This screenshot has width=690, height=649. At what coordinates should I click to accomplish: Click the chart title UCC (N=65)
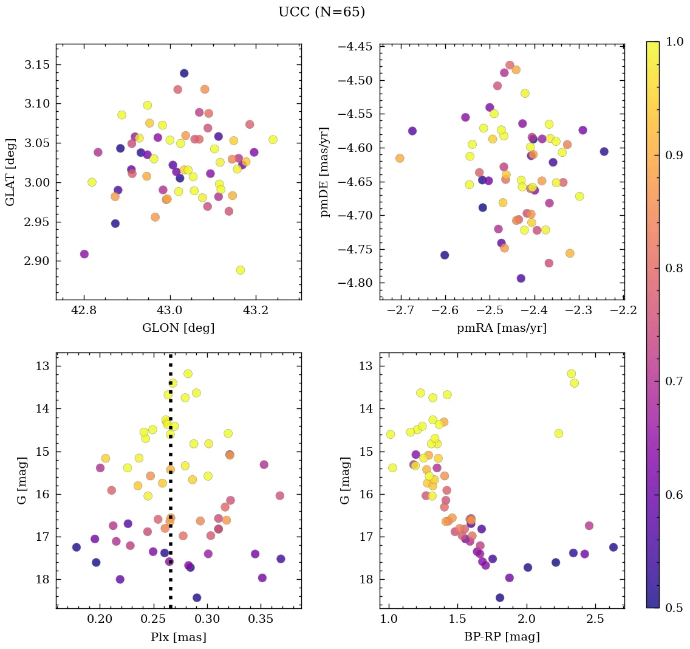coord(321,12)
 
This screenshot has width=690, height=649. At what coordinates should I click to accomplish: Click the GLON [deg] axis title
coord(178,328)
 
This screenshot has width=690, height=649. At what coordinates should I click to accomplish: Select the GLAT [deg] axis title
coord(12,172)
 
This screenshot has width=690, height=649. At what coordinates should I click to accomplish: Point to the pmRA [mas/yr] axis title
coord(502,328)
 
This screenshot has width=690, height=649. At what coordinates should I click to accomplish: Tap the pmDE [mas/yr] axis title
coord(326,172)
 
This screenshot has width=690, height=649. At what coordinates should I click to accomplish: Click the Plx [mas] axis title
coord(178,637)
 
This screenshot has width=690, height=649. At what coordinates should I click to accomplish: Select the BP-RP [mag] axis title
coord(502,637)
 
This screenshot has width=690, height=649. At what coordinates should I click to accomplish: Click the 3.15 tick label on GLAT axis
coord(36,65)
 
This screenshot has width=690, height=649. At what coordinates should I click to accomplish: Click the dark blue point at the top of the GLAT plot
coord(184,73)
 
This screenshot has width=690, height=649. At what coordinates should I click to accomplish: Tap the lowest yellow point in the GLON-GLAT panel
coord(241,270)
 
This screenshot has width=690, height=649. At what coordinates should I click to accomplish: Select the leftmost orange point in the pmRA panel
coord(400,158)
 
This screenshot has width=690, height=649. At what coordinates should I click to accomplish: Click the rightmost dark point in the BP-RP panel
coord(613,547)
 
